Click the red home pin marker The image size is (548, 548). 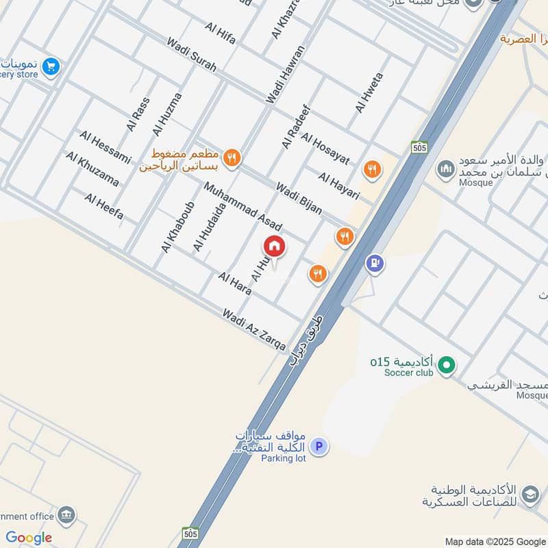275,247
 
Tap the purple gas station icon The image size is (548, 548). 374,262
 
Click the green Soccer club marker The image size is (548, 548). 447,365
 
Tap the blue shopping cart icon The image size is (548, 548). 50,66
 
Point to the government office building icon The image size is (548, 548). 66,515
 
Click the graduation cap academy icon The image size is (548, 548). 530,494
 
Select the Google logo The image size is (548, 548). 29,538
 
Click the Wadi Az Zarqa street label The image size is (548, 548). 254,329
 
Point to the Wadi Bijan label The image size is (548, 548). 299,198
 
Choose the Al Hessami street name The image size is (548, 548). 105,147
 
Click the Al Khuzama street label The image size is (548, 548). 92,169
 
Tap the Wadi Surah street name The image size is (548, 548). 192,54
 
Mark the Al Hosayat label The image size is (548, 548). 325,150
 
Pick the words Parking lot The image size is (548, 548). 283,458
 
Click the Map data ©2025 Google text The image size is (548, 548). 495,540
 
